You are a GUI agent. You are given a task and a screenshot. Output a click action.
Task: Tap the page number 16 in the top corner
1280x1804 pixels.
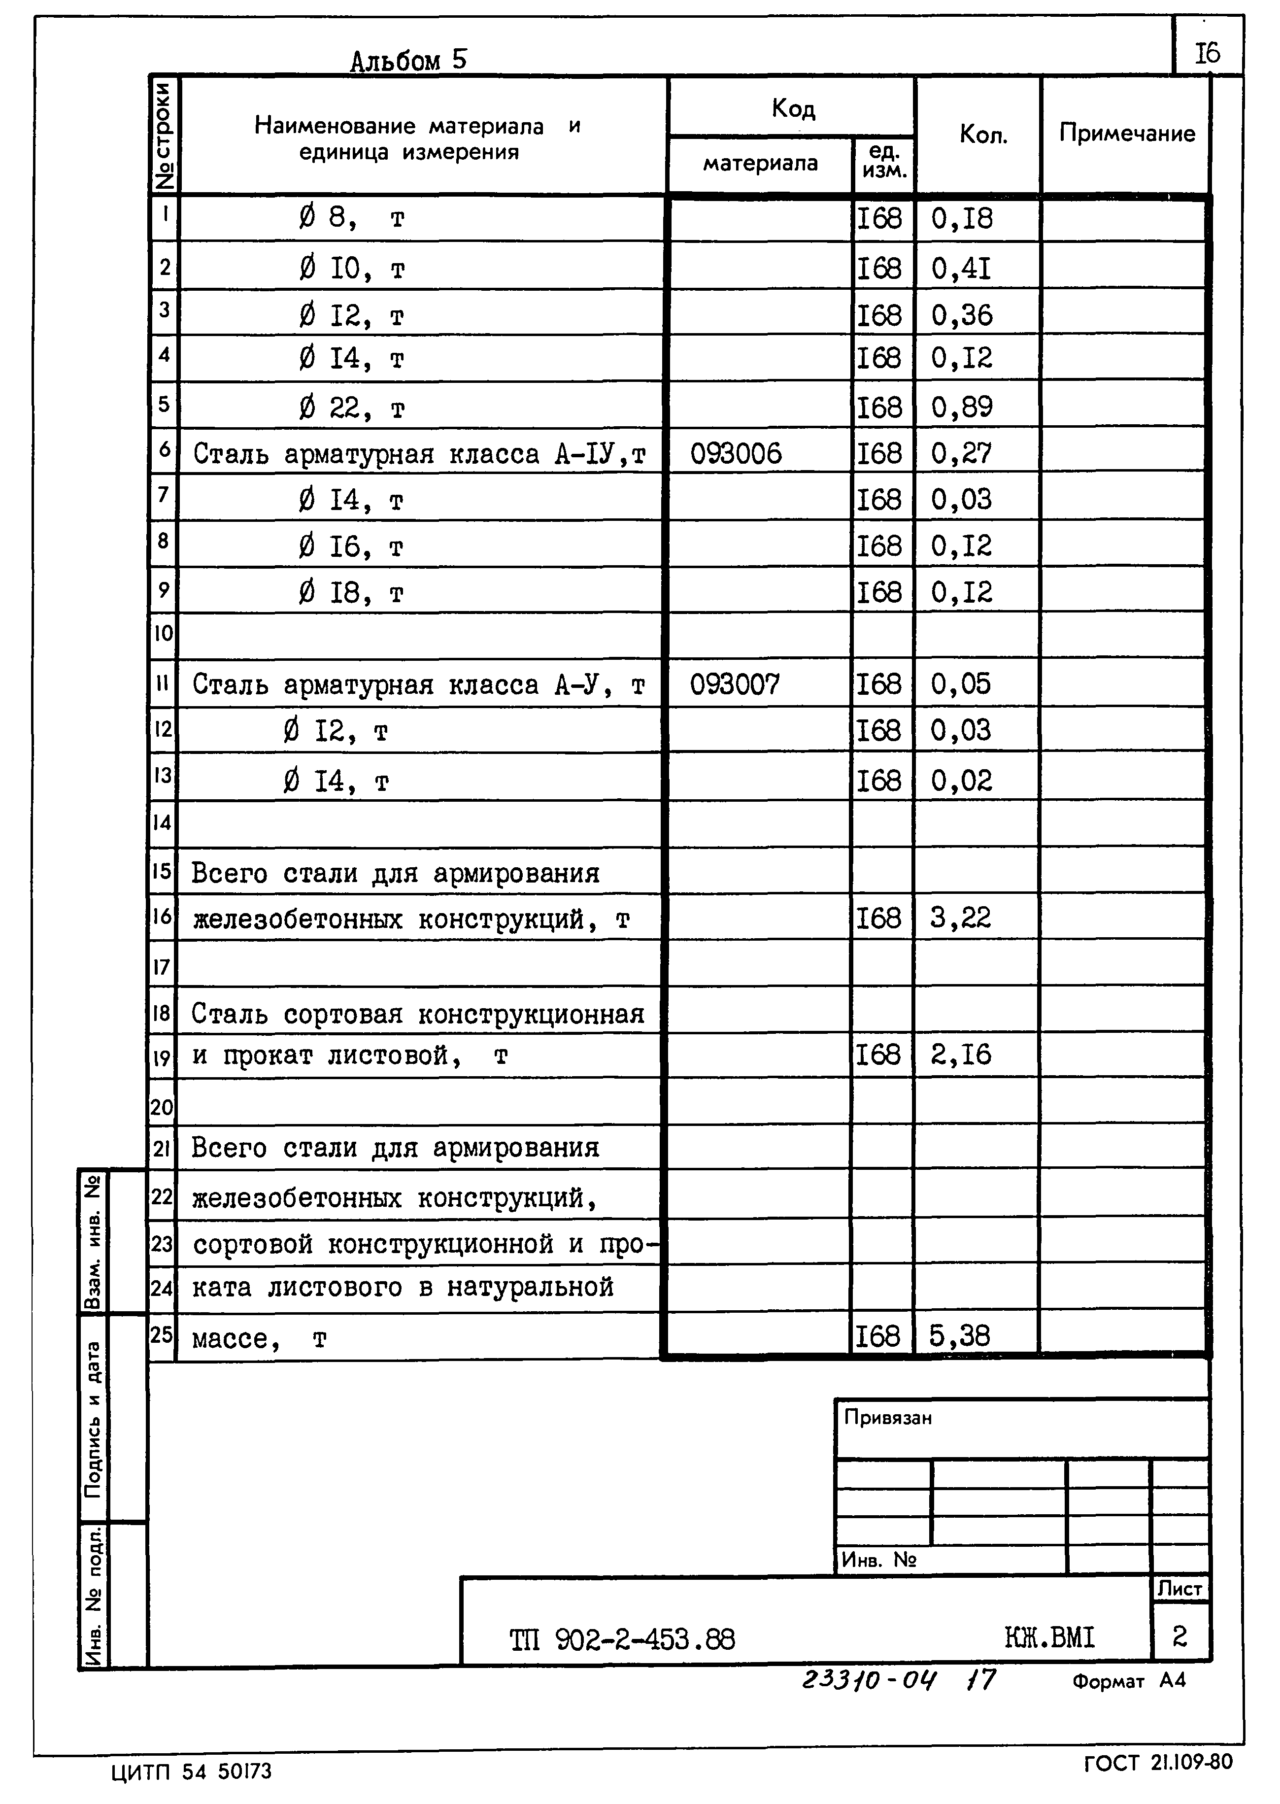pyautogui.click(x=1207, y=54)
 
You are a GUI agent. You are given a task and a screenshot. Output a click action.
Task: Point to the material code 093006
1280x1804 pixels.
pyautogui.click(x=736, y=454)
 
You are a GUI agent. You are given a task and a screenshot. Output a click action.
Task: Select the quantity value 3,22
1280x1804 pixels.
pyautogui.click(x=959, y=918)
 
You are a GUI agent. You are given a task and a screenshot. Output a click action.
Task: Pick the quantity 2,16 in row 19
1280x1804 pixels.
pyautogui.click(x=960, y=1055)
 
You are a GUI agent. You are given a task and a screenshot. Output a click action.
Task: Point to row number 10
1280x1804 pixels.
pyautogui.click(x=163, y=633)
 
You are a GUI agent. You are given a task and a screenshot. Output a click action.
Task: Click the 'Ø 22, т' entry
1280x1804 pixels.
pyautogui.click(x=351, y=408)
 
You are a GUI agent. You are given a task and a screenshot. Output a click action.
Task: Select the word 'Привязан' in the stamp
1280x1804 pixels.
pyautogui.click(x=887, y=1418)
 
